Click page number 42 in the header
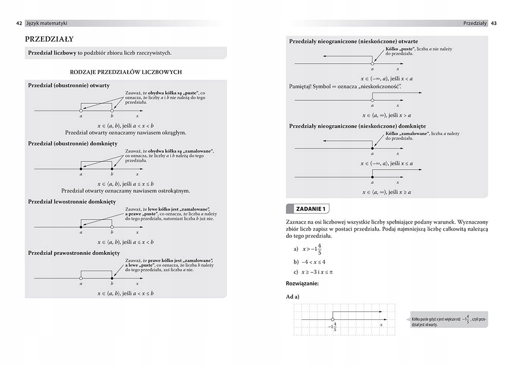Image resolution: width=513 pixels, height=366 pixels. click(19, 23)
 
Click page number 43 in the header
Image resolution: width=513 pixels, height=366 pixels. click(494, 23)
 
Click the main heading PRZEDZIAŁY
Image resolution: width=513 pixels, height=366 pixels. click(49, 39)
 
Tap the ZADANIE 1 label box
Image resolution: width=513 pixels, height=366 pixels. click(308, 209)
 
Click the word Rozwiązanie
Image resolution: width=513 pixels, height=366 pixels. click(302, 283)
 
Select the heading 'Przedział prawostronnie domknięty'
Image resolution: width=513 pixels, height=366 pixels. click(74, 253)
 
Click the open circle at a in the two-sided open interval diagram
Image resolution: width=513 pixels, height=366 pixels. click(81, 111)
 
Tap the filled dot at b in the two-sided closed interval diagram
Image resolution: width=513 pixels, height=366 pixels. click(112, 169)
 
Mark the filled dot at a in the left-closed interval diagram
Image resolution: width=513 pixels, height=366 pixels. click(81, 227)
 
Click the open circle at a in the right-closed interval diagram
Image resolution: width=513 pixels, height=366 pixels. click(81, 278)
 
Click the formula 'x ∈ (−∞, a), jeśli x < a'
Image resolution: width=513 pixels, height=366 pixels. click(387, 79)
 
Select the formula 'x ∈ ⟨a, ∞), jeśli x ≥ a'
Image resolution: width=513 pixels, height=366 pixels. click(387, 192)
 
